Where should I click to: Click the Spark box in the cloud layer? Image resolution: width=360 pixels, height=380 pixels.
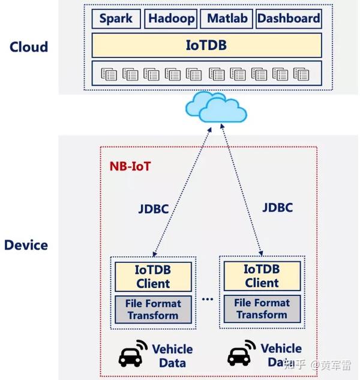coord(116,19)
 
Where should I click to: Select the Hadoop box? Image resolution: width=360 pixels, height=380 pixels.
coord(171,19)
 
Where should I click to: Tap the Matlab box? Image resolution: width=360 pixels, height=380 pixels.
coord(226,19)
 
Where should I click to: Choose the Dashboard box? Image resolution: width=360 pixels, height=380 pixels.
coord(288,19)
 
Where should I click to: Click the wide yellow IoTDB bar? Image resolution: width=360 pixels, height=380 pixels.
coord(206,45)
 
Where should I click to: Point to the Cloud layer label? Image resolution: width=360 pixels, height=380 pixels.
coord(29,46)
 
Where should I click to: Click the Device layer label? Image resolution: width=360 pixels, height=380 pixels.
coord(26,245)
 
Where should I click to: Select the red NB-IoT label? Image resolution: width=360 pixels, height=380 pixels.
coord(130,166)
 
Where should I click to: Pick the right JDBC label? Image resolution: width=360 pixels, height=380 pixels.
coord(277,208)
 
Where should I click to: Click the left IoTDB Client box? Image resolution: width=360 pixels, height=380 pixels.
coord(153,277)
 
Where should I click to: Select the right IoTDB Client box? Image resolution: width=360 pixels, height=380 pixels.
coord(262,276)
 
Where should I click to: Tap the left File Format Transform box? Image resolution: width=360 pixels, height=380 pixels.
coord(153,309)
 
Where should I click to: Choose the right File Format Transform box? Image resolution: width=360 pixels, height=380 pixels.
coord(262,308)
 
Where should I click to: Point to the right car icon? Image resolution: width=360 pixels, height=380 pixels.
coord(241,354)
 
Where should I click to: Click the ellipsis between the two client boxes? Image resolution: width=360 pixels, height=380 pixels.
coord(208,299)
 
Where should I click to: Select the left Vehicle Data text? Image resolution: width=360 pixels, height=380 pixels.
coord(172,356)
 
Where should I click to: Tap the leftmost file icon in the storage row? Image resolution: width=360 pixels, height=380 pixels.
coord(109,74)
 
